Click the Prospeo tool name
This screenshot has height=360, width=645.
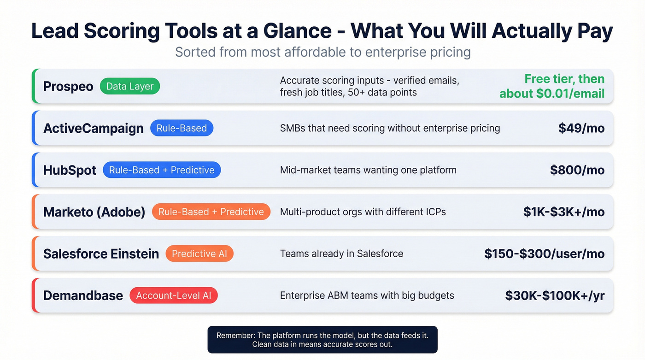68,86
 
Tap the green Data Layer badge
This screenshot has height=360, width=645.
129,86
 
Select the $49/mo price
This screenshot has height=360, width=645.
581,128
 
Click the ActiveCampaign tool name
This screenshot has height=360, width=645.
94,128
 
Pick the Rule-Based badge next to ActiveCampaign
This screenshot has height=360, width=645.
182,128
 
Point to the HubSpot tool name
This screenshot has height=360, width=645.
70,170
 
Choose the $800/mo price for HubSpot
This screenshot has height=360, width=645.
577,170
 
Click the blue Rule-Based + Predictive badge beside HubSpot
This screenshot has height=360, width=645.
162,170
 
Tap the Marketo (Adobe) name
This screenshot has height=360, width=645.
94,212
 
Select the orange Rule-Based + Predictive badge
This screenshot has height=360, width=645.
211,212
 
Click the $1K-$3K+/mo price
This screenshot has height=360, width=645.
563,212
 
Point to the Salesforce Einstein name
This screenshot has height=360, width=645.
101,254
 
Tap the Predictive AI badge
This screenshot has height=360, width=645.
199,254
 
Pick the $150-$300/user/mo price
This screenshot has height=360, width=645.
544,254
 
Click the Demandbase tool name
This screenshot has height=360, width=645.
83,295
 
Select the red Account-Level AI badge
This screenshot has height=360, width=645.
173,295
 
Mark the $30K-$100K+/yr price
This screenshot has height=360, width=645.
555,295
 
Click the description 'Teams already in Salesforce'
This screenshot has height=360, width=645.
341,254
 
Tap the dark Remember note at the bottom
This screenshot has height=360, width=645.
322,340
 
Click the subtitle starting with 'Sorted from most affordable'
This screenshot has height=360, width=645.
322,52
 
